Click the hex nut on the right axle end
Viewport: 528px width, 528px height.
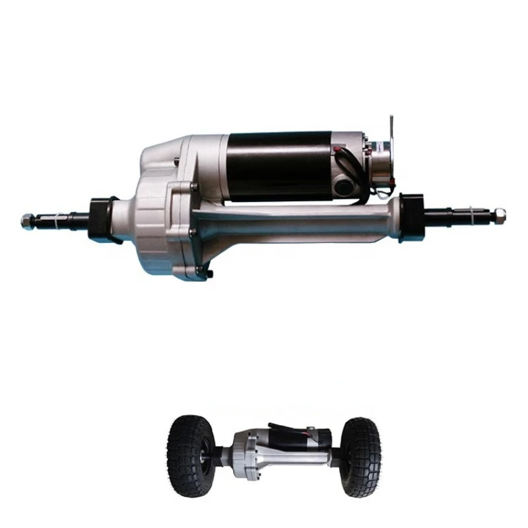(x=500, y=213)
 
